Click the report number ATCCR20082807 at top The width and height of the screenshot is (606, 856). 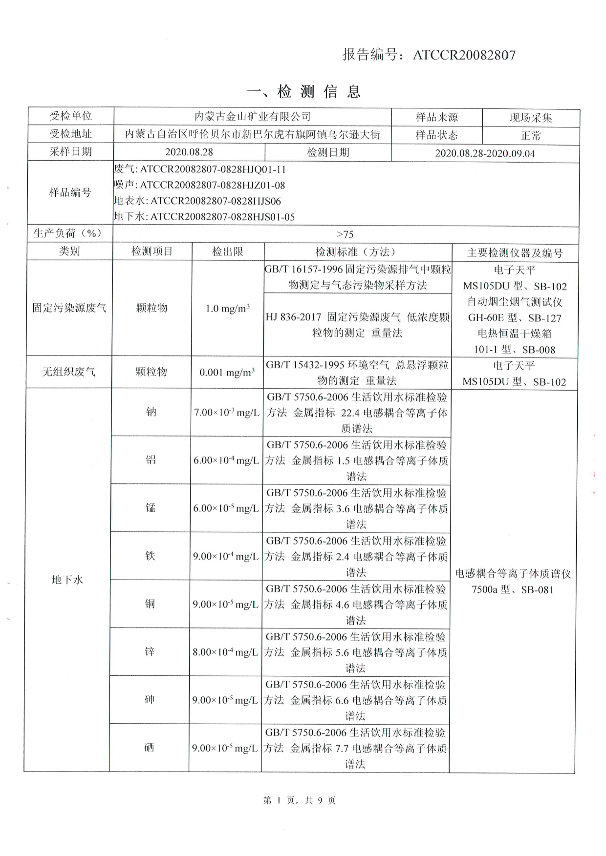tap(464, 55)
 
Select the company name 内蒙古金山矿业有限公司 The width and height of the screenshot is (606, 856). tap(252, 116)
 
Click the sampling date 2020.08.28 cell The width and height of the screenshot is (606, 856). tap(189, 152)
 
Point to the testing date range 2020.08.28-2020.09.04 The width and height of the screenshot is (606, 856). tap(485, 153)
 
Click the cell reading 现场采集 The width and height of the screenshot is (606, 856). tap(531, 118)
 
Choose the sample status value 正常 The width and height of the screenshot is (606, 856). tap(531, 135)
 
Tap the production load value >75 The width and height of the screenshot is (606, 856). tap(345, 234)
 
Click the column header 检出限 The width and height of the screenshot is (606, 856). tap(227, 251)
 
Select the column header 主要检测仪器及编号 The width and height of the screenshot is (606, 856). tap(515, 252)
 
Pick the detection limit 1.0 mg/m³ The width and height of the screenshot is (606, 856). tap(227, 309)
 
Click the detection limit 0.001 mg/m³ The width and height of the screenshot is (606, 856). tap(227, 373)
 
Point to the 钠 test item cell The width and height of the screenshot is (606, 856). tap(151, 412)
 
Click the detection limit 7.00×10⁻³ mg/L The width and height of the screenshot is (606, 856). tap(226, 413)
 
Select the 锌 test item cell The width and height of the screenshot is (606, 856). tap(150, 652)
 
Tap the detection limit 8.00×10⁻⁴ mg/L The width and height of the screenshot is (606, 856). tap(225, 652)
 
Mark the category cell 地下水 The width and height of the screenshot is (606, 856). tap(67, 580)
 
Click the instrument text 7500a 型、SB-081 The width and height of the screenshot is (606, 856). tap(512, 589)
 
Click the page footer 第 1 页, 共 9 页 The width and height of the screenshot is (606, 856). tap(299, 800)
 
